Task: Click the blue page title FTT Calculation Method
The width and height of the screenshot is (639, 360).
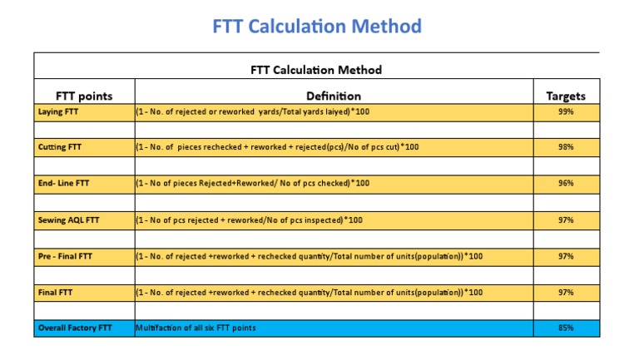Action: click(x=316, y=27)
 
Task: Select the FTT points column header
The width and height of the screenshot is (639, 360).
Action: click(x=83, y=96)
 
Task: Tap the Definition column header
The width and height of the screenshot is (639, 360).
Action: click(x=333, y=96)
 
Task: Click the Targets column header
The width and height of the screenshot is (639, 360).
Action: click(x=566, y=96)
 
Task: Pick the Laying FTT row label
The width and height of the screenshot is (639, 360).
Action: click(x=61, y=111)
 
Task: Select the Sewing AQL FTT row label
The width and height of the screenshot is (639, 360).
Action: click(x=70, y=219)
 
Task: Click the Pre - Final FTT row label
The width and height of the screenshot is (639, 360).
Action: click(x=66, y=256)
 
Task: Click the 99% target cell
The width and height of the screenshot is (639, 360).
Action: click(x=566, y=111)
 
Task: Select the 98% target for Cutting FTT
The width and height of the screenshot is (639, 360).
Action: click(x=566, y=147)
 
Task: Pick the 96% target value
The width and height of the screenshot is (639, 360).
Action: click(x=566, y=183)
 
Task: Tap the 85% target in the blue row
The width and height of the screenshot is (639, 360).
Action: click(x=566, y=328)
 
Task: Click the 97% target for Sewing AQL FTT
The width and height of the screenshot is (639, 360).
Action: click(x=566, y=219)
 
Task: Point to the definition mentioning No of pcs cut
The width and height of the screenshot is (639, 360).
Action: click(x=278, y=147)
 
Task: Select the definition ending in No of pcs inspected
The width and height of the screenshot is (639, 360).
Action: click(x=250, y=219)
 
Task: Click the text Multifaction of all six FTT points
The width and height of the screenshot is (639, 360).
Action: click(x=196, y=328)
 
